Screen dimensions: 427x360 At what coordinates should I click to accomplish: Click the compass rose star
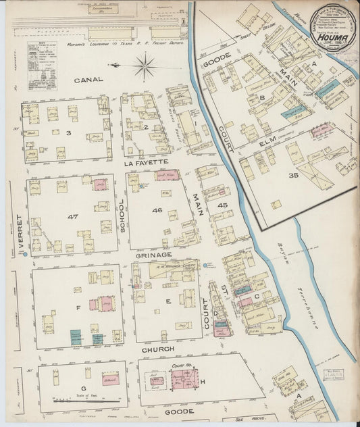(x=143, y=66)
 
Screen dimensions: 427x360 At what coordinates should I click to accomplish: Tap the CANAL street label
(x=89, y=80)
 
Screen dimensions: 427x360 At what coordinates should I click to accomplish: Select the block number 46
(x=157, y=211)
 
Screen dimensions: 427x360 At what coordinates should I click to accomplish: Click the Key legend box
(x=42, y=66)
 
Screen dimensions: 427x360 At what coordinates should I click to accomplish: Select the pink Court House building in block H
(x=184, y=378)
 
